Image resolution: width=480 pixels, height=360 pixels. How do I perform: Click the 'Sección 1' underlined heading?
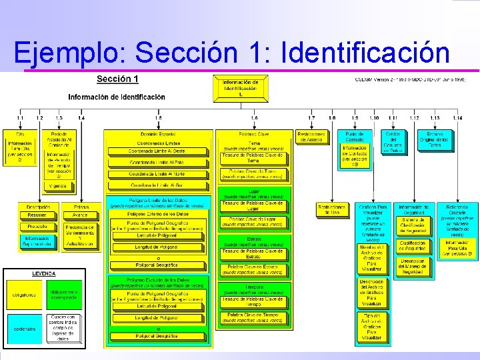(117, 79)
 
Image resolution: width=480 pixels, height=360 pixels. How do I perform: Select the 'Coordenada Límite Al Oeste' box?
(157, 151)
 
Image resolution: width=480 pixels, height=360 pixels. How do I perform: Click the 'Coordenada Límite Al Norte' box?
(157, 175)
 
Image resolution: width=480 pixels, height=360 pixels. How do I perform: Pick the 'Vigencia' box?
(58, 186)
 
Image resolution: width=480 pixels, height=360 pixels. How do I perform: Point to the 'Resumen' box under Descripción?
(37, 215)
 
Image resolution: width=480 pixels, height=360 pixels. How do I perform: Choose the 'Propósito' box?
(37, 227)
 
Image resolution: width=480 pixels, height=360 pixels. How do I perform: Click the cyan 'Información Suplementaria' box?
(37, 241)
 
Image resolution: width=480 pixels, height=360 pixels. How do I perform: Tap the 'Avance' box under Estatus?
(80, 215)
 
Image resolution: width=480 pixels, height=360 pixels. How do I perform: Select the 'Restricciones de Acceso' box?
(311, 137)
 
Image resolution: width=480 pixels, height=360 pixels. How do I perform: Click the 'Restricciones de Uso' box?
(332, 209)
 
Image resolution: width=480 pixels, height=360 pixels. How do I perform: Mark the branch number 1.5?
(158, 118)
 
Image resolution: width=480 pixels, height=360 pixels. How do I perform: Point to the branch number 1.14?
(457, 118)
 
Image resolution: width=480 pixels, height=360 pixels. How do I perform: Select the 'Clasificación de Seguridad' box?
(413, 247)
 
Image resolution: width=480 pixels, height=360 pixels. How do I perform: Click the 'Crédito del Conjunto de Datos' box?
(393, 142)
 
